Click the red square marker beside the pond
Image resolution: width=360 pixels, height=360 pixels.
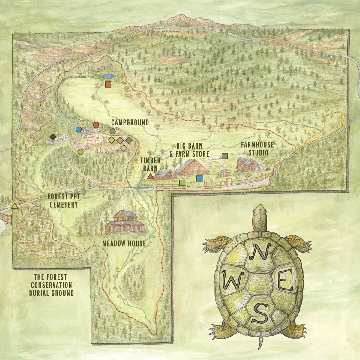pyautogui.click(x=108, y=84)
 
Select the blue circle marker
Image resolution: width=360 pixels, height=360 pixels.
pyautogui.click(x=79, y=129)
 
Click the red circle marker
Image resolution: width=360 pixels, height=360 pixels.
pyautogui.click(x=96, y=125)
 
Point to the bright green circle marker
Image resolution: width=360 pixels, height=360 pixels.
pyautogui.click(x=80, y=152)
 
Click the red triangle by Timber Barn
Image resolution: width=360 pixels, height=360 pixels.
pyautogui.click(x=151, y=176)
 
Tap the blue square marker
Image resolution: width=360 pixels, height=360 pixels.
pyautogui.click(x=199, y=178)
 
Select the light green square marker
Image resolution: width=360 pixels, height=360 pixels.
pyautogui.click(x=182, y=182)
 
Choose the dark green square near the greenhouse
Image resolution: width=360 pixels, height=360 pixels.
pyautogui.click(x=225, y=156)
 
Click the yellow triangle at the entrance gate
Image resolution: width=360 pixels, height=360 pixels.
pyautogui.click(x=14, y=206)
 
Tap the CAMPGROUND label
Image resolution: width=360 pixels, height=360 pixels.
pyautogui.click(x=130, y=122)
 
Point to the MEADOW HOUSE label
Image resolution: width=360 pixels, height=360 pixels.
pyautogui.click(x=124, y=243)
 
